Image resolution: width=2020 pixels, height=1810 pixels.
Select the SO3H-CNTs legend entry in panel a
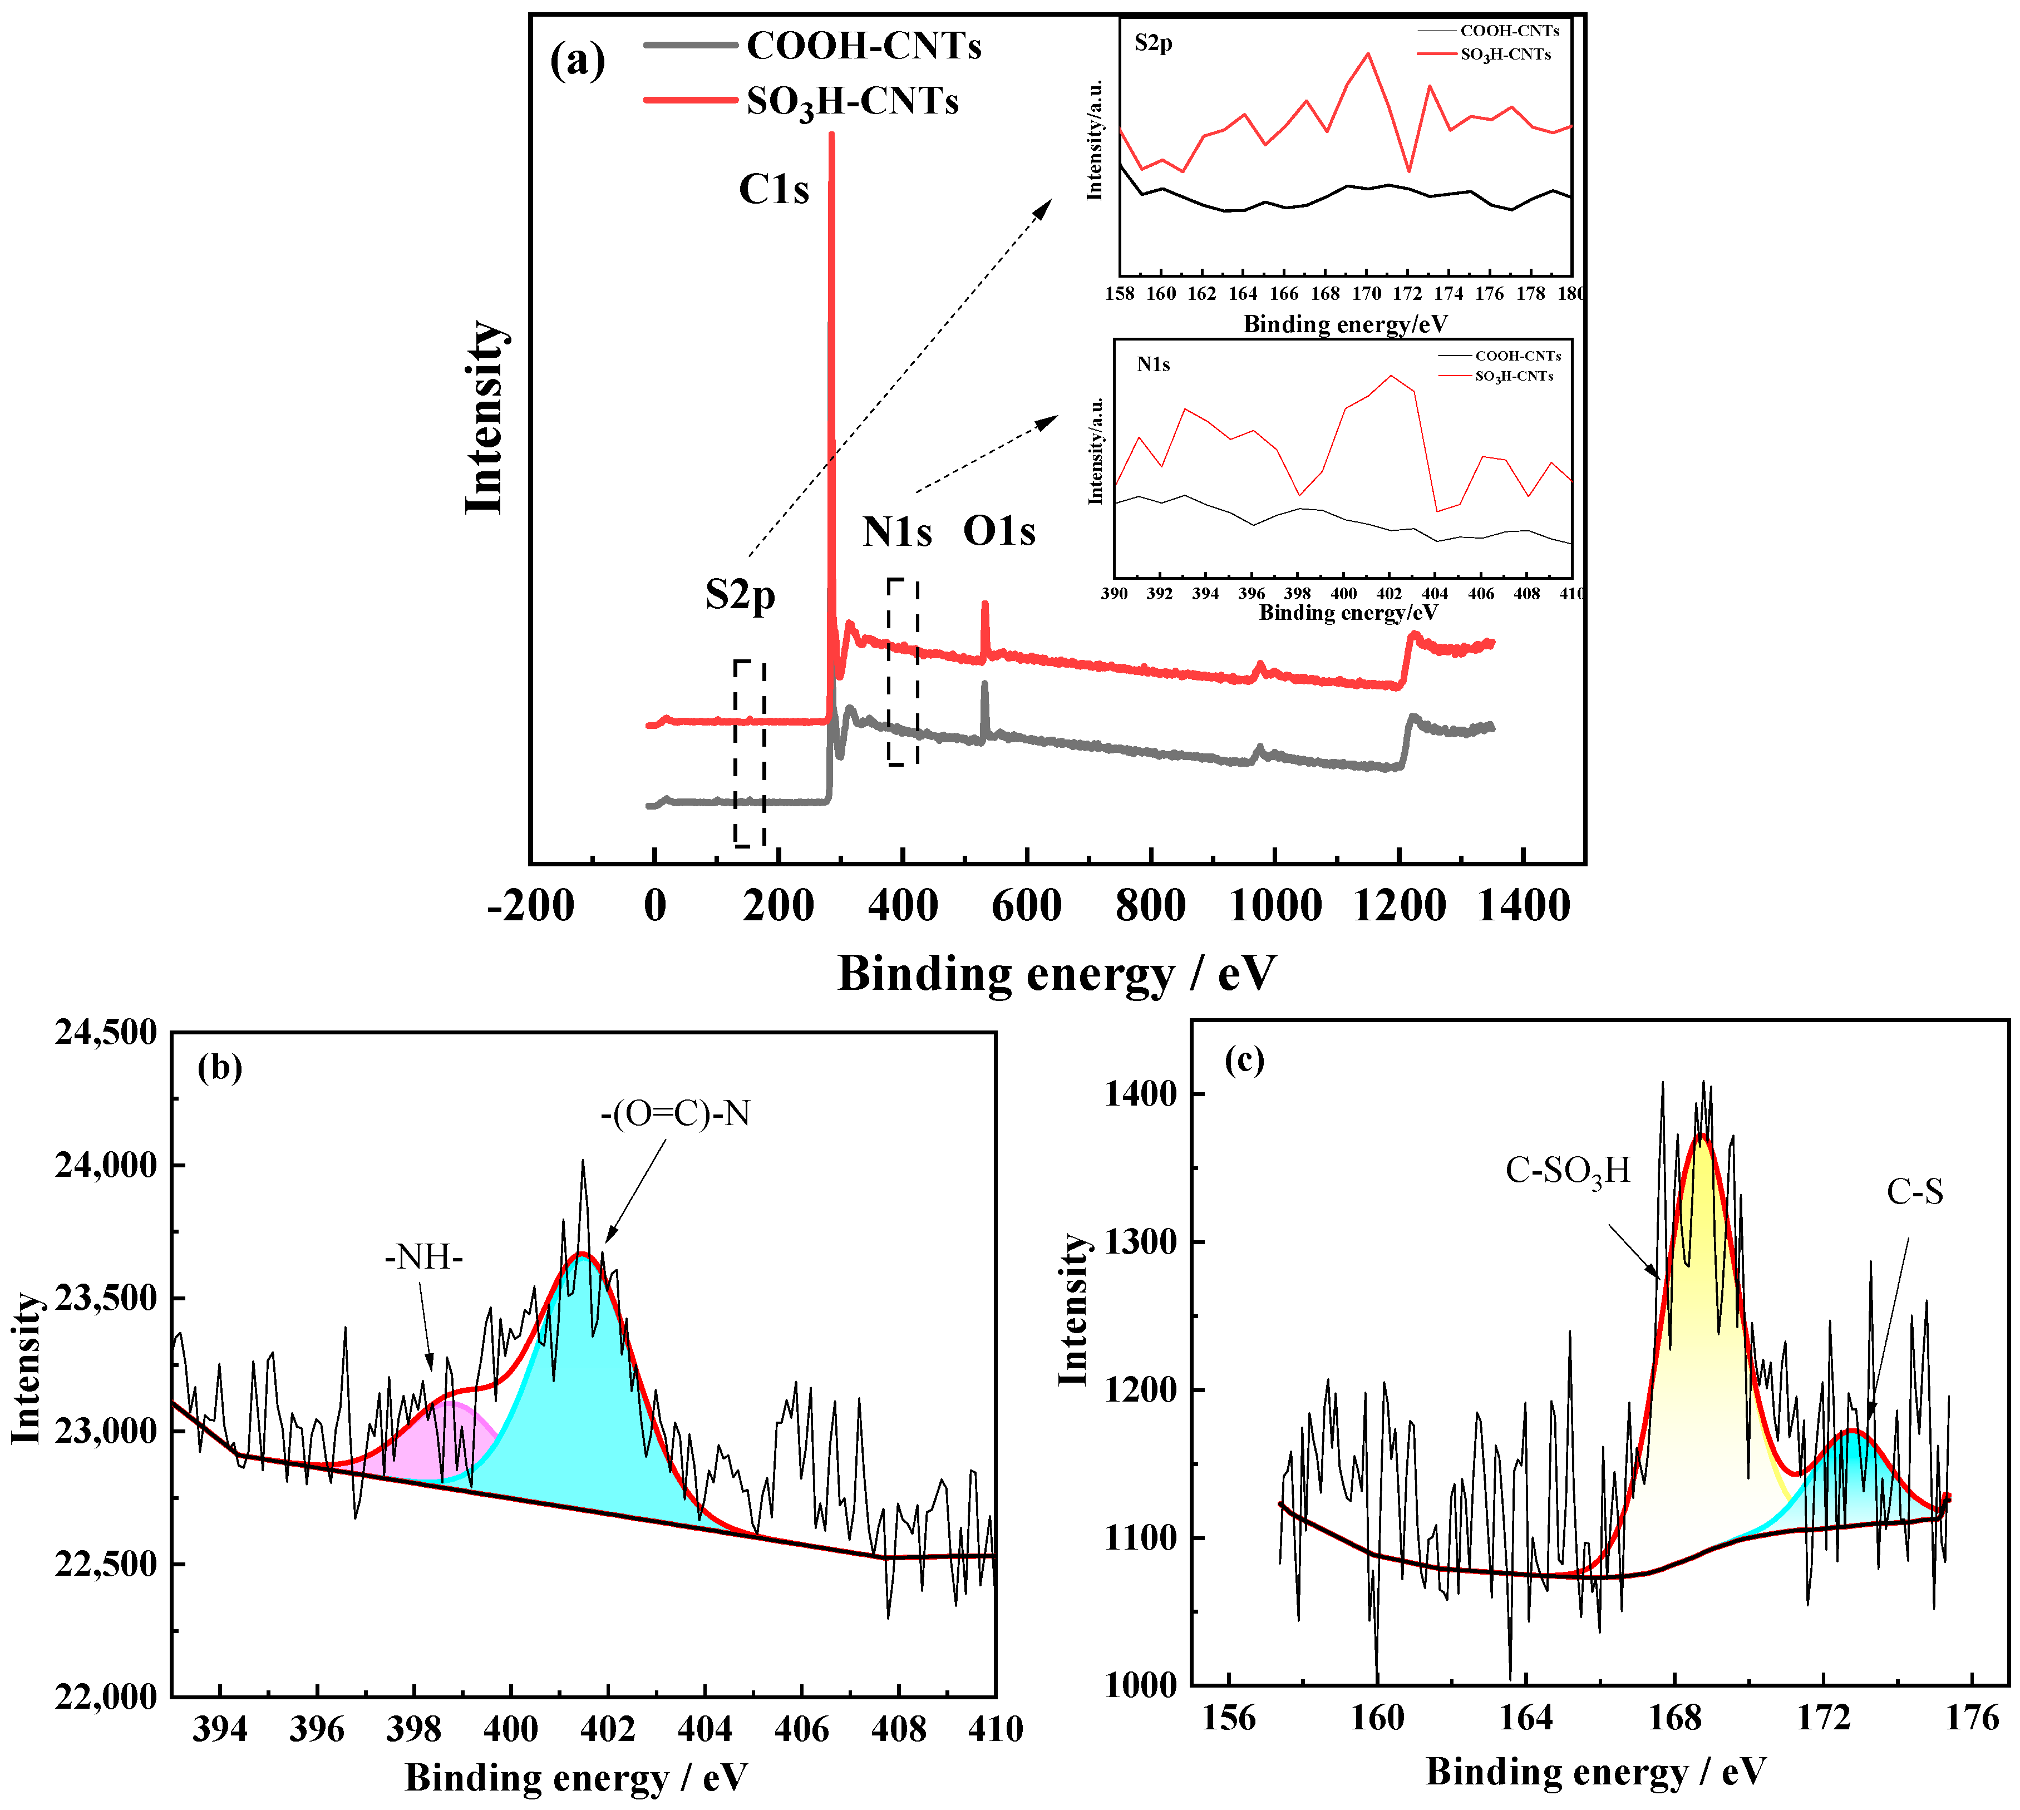[853, 101]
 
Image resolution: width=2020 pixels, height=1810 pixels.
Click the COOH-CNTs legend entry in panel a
[863, 46]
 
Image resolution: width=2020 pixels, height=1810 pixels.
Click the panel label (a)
[577, 62]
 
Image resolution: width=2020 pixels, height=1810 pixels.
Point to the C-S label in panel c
[1915, 1191]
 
